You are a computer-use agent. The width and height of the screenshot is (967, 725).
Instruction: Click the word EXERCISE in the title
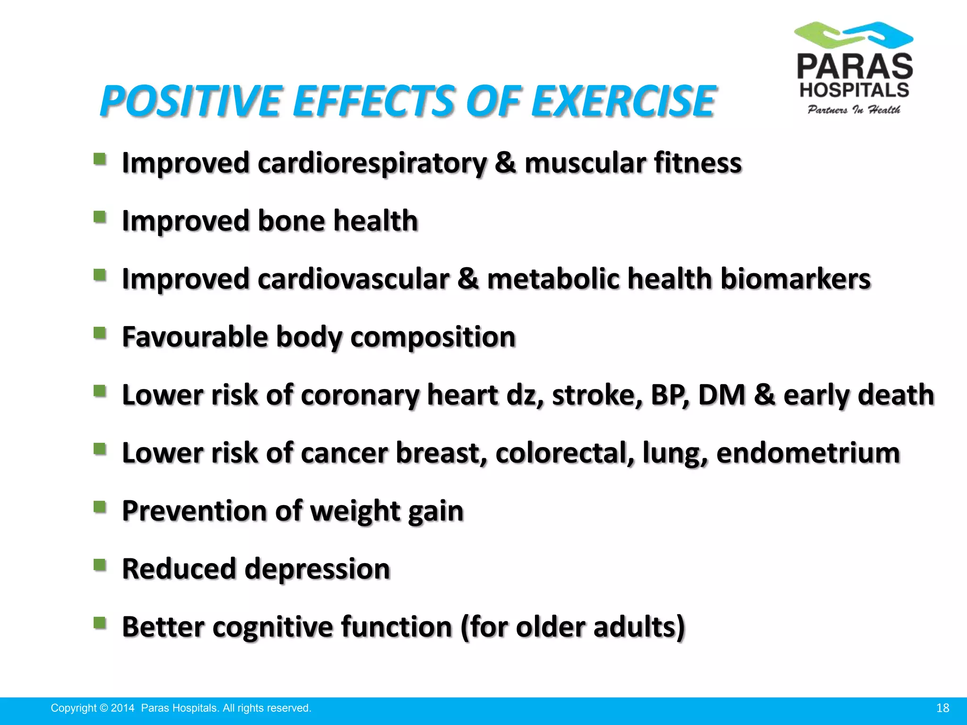coord(623,101)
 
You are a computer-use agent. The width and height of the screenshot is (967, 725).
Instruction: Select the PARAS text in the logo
coord(855,67)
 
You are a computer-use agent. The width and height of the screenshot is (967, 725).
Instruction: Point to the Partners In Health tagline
coord(854,110)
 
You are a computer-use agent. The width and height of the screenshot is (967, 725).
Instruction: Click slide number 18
coord(942,708)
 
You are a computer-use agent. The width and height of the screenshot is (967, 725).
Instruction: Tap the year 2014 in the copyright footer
coord(123,708)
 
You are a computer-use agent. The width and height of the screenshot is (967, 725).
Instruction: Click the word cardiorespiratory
coord(372,163)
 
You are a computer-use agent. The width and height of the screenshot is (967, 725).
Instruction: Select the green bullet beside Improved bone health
coord(100,217)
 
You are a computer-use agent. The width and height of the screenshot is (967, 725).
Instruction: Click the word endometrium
coord(808,453)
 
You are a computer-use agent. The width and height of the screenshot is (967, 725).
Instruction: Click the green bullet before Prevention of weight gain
coord(100,507)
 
